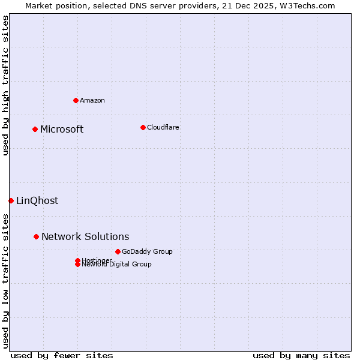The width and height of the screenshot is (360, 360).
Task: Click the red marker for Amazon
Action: coord(76,100)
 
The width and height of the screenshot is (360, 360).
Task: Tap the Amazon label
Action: coord(92,100)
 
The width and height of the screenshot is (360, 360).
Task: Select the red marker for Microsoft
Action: coord(35,129)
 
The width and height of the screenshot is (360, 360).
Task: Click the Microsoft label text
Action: coord(62,129)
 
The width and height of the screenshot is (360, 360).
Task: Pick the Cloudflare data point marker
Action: coord(143,127)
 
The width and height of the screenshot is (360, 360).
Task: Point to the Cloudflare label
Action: coord(163,127)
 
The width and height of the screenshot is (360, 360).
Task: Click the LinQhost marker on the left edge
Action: coord(11,200)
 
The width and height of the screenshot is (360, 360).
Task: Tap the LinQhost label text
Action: coord(37,201)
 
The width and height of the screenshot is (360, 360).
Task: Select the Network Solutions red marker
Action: coord(36,237)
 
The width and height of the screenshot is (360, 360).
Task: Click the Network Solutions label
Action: coord(85,237)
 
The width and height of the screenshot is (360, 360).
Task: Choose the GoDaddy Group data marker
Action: coord(118,251)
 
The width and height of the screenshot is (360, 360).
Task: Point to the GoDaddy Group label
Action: coord(147,251)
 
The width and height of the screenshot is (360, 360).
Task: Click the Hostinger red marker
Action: coord(77,260)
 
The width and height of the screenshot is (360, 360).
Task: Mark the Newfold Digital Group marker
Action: coord(77,265)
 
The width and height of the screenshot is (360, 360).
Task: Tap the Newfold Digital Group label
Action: coord(117,265)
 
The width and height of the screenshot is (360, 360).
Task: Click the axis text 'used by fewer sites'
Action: coord(62,355)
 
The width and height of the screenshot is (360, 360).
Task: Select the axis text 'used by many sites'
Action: coord(301,355)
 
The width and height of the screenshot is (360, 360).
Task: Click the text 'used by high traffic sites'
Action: coord(6,85)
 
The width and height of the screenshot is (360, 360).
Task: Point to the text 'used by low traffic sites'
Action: coord(6,280)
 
